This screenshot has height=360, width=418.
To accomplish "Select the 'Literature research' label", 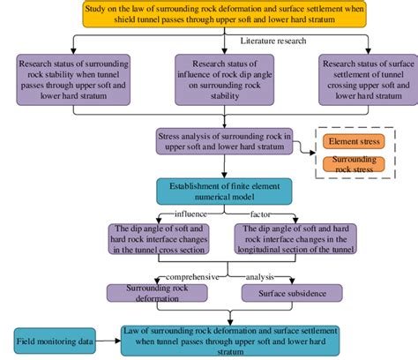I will pyautogui.click(x=274, y=41).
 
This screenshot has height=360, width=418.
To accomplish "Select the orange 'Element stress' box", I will pyautogui.click(x=358, y=142).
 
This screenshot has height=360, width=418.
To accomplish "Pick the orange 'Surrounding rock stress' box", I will pyautogui.click(x=358, y=165).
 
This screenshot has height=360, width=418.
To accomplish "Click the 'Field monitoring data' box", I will pyautogui.click(x=52, y=338).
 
